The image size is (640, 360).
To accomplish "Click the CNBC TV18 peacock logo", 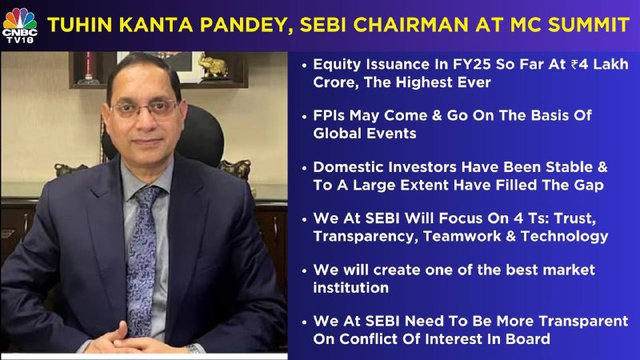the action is click(19, 26).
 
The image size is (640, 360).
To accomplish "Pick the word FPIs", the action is click(329, 115).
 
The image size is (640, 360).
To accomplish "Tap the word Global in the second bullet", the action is click(337, 134).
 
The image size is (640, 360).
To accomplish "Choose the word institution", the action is click(350, 288).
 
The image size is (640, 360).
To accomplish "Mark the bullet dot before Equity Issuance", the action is click(304, 66).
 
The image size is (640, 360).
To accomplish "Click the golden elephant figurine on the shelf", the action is click(213, 66).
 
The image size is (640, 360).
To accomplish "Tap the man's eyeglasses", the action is click(146, 109).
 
